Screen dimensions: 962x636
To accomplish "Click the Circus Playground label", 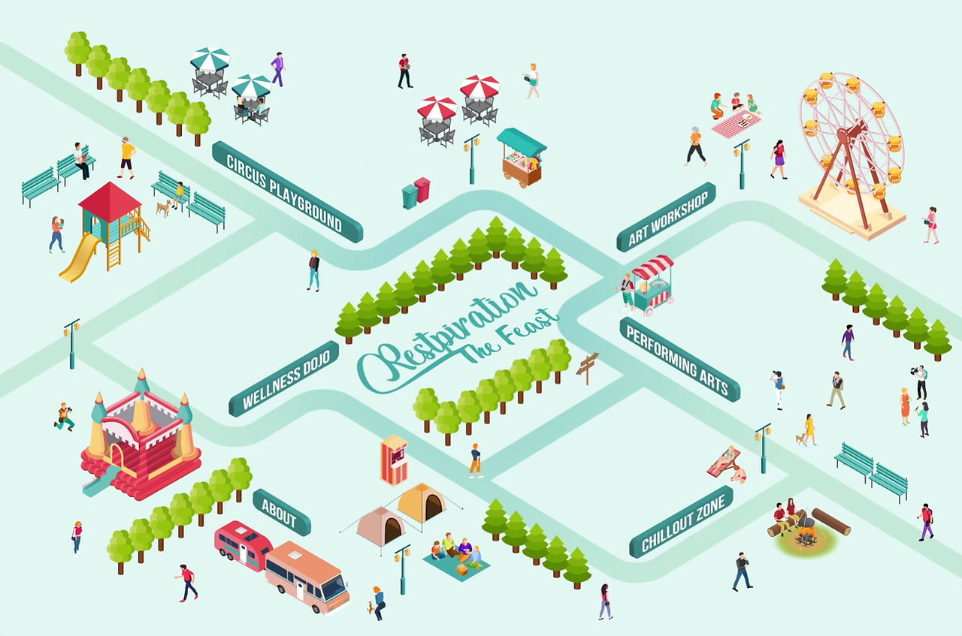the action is point(287,191).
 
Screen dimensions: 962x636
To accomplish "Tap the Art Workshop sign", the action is point(666,216).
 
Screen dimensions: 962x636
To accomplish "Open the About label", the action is point(281,512).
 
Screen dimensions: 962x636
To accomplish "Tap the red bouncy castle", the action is point(141,443).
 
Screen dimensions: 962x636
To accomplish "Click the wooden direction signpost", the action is point(587,366).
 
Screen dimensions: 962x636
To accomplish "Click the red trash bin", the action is point(422,189).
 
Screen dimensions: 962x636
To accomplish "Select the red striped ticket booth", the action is point(394,460).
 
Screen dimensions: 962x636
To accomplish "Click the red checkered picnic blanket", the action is point(736,122).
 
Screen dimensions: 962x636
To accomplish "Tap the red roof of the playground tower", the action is point(110,198).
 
